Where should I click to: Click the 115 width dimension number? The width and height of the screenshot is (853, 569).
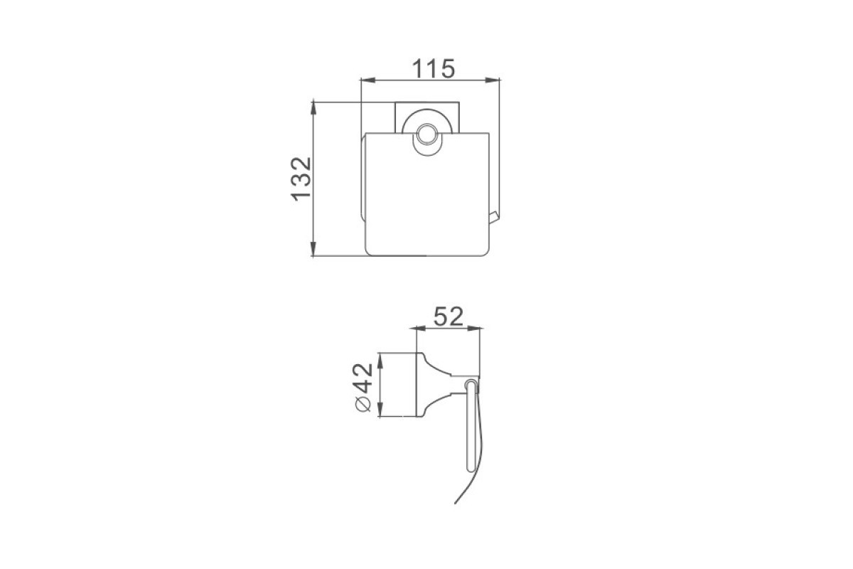434,68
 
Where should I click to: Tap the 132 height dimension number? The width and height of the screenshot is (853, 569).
301,179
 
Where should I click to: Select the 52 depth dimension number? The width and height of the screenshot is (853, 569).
449,316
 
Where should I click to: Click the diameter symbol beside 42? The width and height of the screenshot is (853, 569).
363,404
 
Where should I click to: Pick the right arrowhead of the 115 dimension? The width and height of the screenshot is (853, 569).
492,80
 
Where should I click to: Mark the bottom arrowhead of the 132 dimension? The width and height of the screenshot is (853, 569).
313,248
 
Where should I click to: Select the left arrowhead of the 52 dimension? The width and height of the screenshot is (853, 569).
423,328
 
